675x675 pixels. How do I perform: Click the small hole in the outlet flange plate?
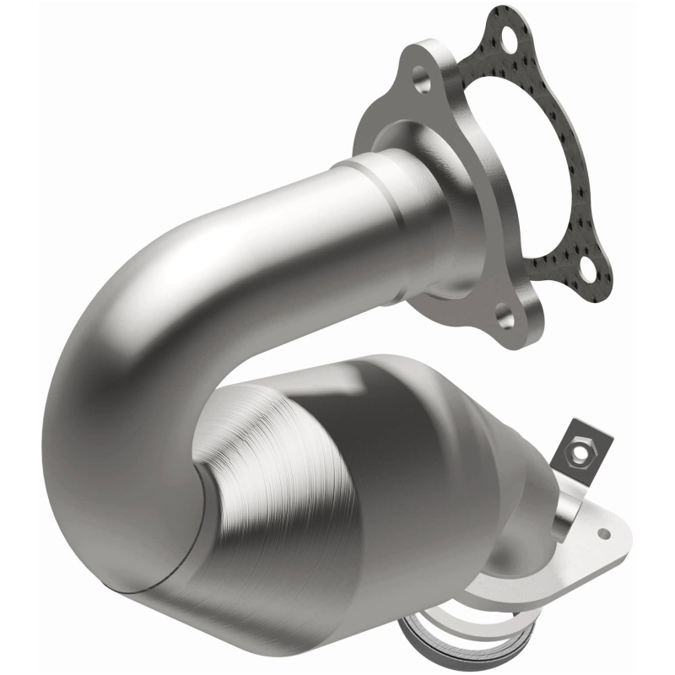tap(603, 533)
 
